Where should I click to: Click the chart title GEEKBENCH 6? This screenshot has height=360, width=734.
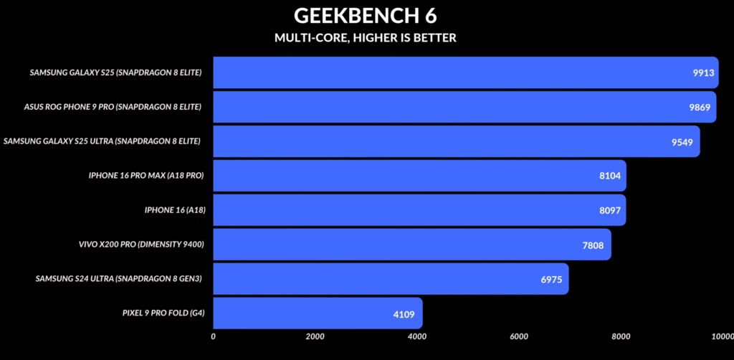(365, 16)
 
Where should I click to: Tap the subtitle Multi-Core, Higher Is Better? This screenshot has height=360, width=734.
(365, 38)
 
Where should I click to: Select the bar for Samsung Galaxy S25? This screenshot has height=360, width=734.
(466, 72)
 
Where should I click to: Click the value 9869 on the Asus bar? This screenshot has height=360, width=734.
(700, 107)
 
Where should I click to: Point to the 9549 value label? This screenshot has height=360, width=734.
(682, 141)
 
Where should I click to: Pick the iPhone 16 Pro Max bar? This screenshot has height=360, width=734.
(419, 176)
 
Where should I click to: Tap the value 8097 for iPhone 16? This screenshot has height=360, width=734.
(609, 210)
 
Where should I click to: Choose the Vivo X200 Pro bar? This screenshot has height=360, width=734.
(412, 245)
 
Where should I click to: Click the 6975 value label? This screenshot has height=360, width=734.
(551, 279)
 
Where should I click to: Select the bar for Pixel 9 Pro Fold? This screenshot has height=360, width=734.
(318, 313)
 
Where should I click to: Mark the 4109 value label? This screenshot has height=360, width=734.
(404, 313)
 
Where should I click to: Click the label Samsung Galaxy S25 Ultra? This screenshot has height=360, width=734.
(102, 141)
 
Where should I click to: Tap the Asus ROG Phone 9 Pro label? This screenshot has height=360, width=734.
(113, 107)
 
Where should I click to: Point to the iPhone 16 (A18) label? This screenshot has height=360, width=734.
(175, 210)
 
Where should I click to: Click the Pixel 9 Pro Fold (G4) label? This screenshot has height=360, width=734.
(163, 313)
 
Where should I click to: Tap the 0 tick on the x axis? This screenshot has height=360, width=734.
(214, 336)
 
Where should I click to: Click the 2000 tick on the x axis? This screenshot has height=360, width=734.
(315, 336)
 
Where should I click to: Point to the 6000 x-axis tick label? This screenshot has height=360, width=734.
(519, 336)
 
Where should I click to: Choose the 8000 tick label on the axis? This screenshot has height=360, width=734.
(621, 336)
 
